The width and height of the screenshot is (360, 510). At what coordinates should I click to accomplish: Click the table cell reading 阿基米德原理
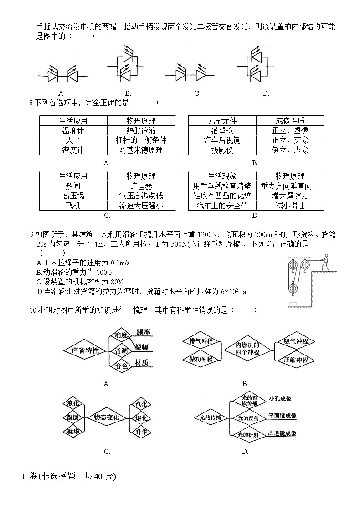point(141,150)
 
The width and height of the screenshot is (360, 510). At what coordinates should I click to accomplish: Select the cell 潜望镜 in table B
point(222,130)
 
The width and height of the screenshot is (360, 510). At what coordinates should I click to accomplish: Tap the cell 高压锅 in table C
point(73,196)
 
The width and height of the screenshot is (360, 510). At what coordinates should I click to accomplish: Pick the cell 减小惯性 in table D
point(290,206)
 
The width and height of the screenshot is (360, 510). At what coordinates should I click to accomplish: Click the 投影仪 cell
point(222,150)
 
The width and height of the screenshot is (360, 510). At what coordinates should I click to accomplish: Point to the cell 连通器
point(141,186)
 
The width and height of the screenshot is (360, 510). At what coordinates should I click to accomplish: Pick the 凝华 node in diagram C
point(73,431)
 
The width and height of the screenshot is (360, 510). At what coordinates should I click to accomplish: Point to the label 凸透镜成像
point(283,434)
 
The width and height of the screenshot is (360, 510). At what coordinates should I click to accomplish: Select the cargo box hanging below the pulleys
point(293,304)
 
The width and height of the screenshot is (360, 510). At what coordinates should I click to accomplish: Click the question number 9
point(32,235)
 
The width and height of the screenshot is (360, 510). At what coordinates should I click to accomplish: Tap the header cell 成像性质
point(290,121)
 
